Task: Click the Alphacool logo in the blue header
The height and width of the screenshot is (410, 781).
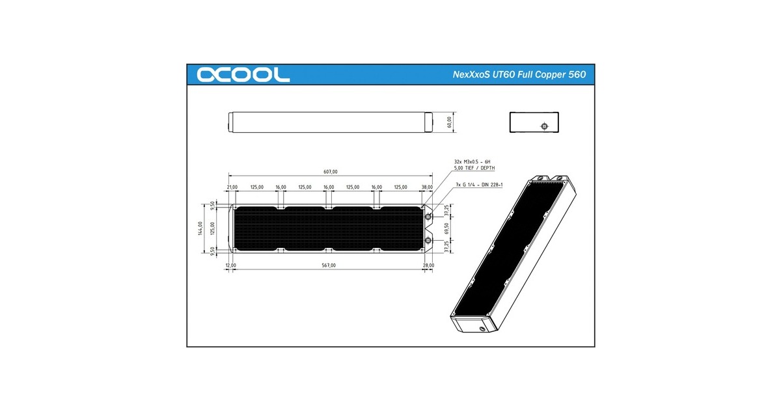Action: tap(243, 75)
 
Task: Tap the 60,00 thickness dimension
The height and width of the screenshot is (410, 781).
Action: tap(448, 122)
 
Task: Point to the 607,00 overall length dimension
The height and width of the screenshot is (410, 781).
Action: tap(330, 172)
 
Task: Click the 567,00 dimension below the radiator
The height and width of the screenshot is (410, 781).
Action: tap(329, 266)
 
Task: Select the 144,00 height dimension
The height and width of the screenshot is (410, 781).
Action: tap(201, 229)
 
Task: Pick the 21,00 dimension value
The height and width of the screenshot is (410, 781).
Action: tap(232, 187)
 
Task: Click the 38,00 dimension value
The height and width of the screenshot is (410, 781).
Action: tap(427, 187)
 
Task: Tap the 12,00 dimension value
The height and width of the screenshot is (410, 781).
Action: tap(230, 266)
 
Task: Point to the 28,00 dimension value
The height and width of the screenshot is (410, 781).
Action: tap(428, 266)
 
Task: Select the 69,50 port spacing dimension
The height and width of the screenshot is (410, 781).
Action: tap(446, 229)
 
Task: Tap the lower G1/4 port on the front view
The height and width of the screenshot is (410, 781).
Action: tap(428, 241)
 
